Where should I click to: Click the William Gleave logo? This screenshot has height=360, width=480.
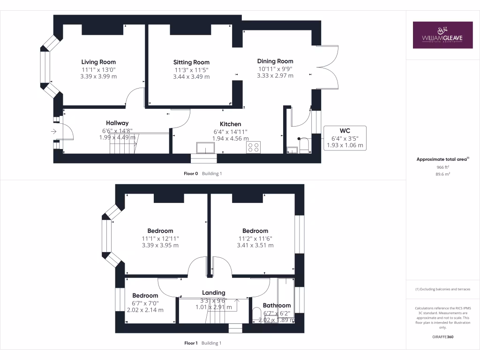(442, 35)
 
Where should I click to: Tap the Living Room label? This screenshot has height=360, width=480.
(98, 62)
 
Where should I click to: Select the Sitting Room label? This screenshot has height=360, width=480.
(191, 62)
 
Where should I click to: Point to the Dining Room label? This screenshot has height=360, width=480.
(275, 61)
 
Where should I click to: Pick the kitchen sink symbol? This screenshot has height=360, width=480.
(206, 148)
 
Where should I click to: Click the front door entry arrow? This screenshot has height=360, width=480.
(53, 132)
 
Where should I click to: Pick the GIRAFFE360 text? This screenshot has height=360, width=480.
(442, 337)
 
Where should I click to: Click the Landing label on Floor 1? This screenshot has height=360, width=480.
(213, 292)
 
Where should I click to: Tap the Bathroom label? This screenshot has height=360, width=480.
(277, 306)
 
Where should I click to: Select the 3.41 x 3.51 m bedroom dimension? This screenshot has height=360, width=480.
(255, 245)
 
